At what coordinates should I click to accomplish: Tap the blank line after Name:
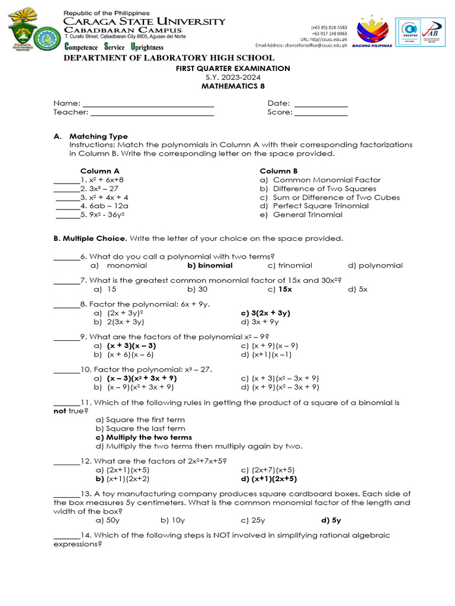(148, 104)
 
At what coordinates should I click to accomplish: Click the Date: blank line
(321, 104)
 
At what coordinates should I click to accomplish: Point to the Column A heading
(100, 171)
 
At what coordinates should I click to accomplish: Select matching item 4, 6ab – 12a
(104, 206)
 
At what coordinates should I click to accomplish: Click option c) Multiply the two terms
(144, 437)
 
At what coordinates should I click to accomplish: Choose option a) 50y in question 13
(108, 520)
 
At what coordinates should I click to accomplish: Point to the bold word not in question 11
(60, 411)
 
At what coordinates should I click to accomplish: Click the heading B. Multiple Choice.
(90, 238)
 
